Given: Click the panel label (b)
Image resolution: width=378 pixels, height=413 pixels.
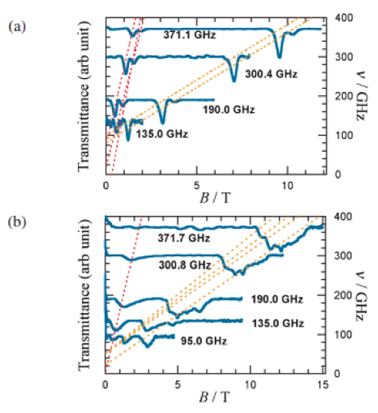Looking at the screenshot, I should [17, 222].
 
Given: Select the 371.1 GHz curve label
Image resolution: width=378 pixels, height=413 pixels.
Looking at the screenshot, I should [190, 35].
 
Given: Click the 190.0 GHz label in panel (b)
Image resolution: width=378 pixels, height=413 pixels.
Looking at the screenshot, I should [277, 300].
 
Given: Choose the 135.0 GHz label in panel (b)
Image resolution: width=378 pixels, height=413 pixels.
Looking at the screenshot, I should [277, 323].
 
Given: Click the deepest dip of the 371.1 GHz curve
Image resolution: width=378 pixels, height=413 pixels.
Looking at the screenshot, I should [280, 56].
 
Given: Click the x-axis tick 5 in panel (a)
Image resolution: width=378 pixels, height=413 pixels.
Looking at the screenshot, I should [196, 186].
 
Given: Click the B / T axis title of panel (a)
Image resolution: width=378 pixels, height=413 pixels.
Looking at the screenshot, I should [215, 198].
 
